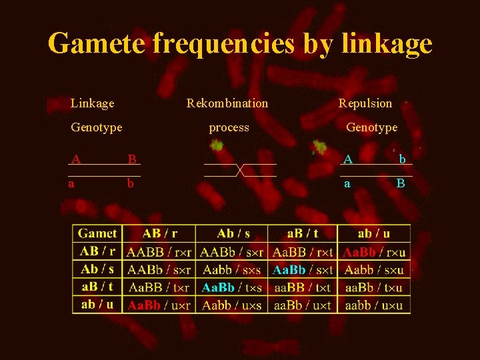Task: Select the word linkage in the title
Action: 387,44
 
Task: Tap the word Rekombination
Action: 227,103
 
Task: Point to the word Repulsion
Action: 365,103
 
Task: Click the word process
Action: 229,127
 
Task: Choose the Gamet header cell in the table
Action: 97,233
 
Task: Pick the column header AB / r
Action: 160,233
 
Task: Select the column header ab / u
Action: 374,233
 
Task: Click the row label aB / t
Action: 97,287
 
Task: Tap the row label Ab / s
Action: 98,269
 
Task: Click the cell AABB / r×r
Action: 159,252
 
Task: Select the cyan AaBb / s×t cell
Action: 302,270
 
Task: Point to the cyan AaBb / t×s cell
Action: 231,288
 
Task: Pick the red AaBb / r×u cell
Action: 374,252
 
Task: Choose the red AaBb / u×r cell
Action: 159,305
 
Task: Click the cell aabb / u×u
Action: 374,305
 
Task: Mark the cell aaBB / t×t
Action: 302,288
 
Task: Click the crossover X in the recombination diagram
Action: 240,170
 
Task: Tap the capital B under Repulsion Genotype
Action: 401,183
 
